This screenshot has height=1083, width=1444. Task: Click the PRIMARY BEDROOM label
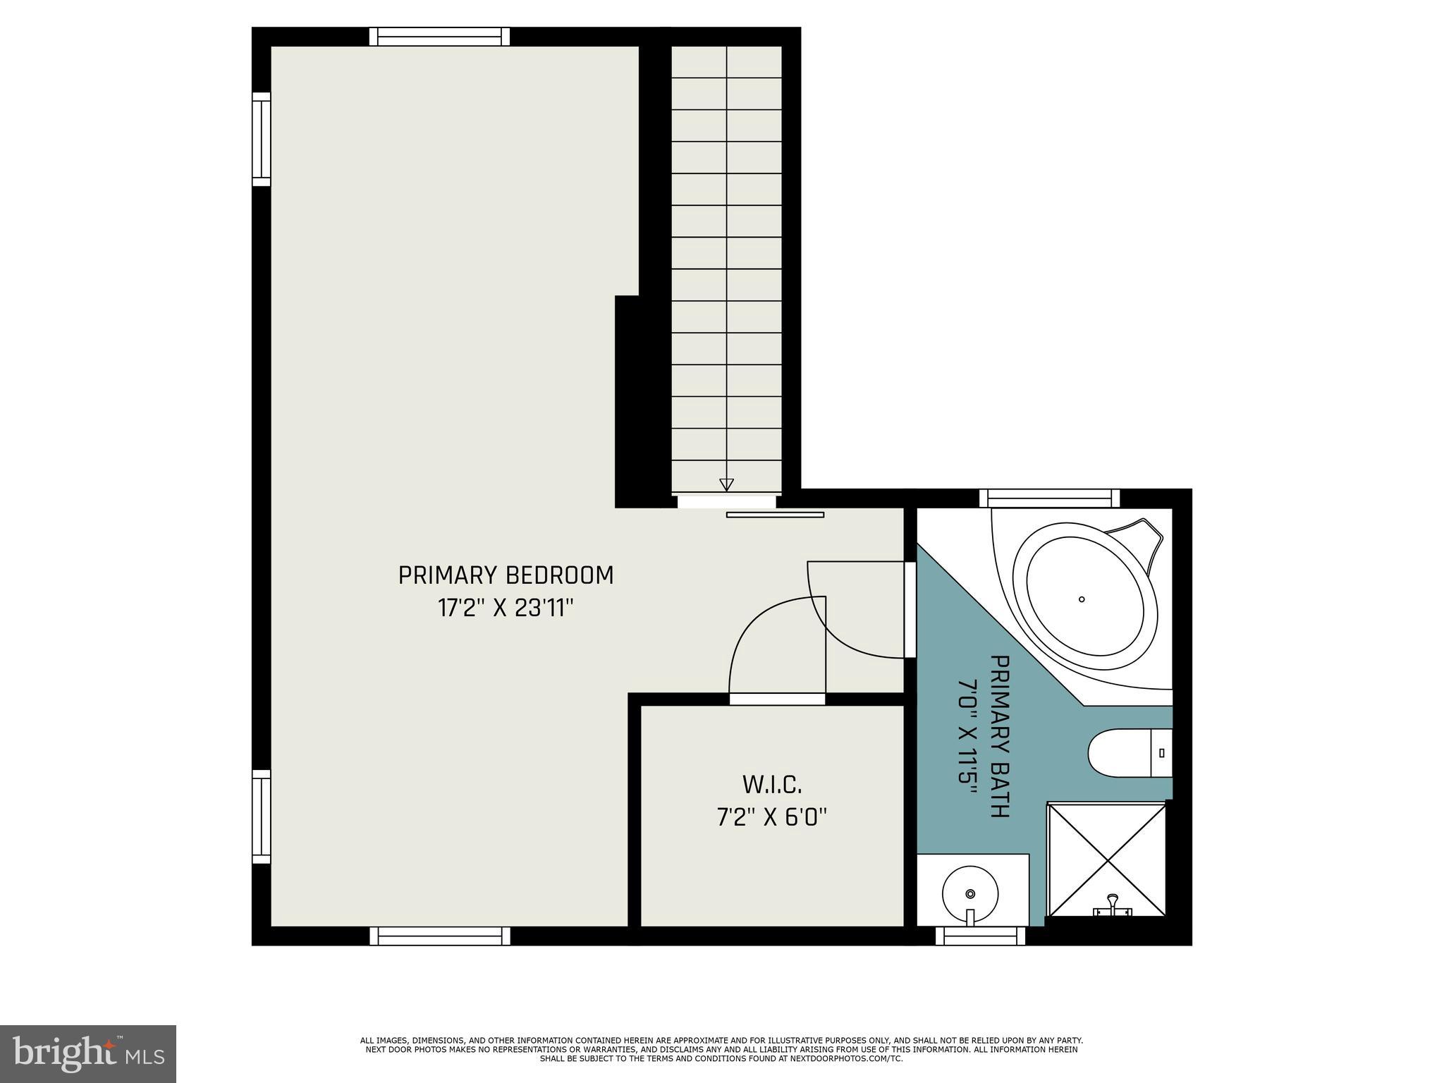tap(506, 575)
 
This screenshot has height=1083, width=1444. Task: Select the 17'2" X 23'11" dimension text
tap(506, 608)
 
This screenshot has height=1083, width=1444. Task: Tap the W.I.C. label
tap(772, 784)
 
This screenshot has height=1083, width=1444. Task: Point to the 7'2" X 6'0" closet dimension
tap(772, 817)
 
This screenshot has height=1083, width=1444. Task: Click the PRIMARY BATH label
tap(1001, 736)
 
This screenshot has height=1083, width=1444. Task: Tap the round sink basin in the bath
tap(970, 894)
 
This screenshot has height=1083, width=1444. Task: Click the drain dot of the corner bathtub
tap(1082, 599)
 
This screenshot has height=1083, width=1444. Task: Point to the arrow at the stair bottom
tap(726, 484)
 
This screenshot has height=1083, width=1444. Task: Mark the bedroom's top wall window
tap(439, 37)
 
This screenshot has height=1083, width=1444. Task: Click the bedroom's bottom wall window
tap(439, 936)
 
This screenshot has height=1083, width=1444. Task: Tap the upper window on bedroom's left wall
tap(262, 139)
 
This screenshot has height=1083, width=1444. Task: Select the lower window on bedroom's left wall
tap(262, 816)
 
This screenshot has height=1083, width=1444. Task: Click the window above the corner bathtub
tap(1049, 498)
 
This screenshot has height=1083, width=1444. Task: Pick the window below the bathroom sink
tap(980, 936)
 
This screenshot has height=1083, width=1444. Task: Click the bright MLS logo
tap(88, 1053)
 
